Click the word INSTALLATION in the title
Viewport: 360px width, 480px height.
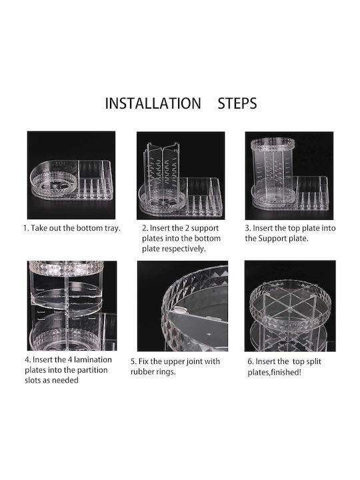pyautogui.click(x=153, y=103)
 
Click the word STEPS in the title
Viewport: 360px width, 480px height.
pyautogui.click(x=237, y=103)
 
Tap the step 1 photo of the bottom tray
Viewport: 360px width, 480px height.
pyautogui.click(x=71, y=175)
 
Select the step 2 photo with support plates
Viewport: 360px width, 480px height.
pyautogui.click(x=181, y=175)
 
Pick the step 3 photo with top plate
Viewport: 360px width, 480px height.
pyautogui.click(x=289, y=175)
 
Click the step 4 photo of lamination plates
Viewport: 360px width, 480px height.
pyautogui.click(x=72, y=306)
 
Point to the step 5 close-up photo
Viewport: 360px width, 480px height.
pyautogui.click(x=183, y=306)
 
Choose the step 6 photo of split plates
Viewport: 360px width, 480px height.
pyautogui.click(x=290, y=306)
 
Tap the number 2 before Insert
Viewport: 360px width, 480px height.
pyautogui.click(x=145, y=229)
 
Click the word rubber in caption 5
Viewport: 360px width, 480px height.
pyautogui.click(x=141, y=372)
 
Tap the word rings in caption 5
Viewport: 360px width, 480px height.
pyautogui.click(x=165, y=372)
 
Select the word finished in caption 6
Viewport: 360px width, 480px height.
pyautogui.click(x=285, y=373)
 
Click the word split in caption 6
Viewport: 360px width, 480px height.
pyautogui.click(x=312, y=362)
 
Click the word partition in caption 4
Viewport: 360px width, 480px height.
pyautogui.click(x=93, y=370)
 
